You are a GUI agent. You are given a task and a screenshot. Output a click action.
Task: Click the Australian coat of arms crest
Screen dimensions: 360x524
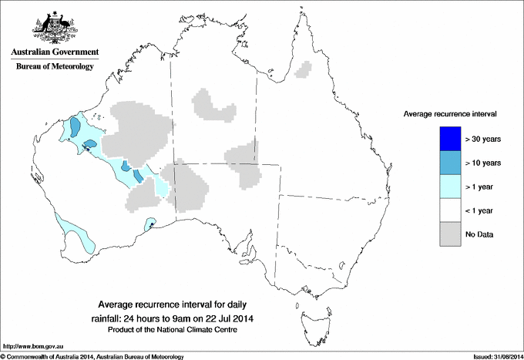click(54, 26)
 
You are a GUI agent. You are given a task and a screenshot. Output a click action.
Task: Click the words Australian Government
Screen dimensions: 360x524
click(54, 52)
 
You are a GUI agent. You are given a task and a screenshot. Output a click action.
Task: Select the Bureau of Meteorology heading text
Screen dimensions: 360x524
click(54, 67)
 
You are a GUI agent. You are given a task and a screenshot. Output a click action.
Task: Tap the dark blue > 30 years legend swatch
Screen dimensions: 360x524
click(450, 139)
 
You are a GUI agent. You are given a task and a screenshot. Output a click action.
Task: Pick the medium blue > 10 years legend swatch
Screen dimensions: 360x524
click(450, 163)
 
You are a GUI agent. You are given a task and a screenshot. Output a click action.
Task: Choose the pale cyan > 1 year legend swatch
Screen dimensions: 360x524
click(450, 187)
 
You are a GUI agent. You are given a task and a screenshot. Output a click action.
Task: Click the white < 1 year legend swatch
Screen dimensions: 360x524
click(450, 210)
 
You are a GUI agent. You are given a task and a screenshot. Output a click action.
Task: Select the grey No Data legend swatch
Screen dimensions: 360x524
click(450, 234)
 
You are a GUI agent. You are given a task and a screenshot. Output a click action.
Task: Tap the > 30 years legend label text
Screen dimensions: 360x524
click(483, 139)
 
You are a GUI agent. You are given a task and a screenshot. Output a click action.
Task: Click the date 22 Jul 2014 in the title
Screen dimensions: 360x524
click(230, 318)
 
